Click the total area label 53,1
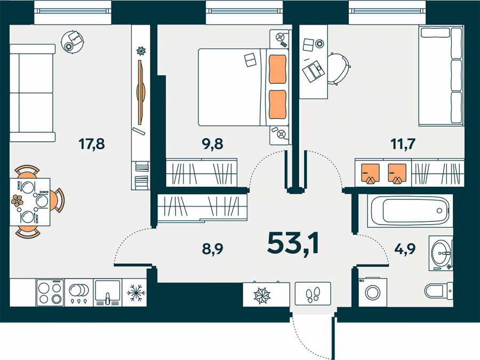tap(293, 244)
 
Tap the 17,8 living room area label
tap(92, 144)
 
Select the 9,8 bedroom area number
tap(212, 144)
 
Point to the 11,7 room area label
tap(403, 144)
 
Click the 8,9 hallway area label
tap(212, 249)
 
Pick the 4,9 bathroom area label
tap(405, 249)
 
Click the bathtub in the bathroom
tap(410, 211)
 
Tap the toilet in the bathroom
tap(438, 290)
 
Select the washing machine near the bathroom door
tap(373, 292)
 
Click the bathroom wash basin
tap(441, 253)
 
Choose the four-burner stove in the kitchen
tap(50, 293)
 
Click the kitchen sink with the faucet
tap(107, 293)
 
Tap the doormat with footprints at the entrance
tap(313, 293)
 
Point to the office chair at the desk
tap(338, 69)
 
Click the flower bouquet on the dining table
tap(17, 201)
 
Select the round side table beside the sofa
tap(72, 42)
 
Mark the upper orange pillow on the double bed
tap(278, 69)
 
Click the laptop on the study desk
tap(314, 71)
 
